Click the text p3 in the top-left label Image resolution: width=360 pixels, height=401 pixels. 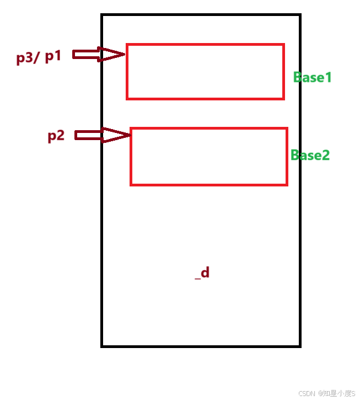click(x=24, y=57)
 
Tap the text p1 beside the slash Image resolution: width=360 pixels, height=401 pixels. click(x=53, y=56)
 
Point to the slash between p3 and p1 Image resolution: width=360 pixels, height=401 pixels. click(x=36, y=57)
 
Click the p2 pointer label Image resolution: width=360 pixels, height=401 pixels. click(x=56, y=136)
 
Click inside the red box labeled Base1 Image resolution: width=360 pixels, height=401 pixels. click(x=205, y=72)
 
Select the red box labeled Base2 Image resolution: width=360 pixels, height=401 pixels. click(x=209, y=157)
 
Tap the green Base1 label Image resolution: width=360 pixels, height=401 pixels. click(x=313, y=77)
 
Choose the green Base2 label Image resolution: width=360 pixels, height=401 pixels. click(x=310, y=155)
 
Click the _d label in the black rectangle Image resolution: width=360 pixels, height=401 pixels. click(x=202, y=273)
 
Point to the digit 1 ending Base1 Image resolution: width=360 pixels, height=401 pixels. click(x=328, y=77)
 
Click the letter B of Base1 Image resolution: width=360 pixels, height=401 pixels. click(x=298, y=77)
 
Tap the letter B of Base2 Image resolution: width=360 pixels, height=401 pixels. click(x=295, y=155)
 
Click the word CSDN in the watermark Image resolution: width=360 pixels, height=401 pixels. click(x=306, y=394)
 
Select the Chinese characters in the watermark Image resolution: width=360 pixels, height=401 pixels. click(x=336, y=394)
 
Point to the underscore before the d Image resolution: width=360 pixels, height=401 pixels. click(x=197, y=277)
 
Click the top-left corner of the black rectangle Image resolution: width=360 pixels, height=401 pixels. click(x=103, y=15)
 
